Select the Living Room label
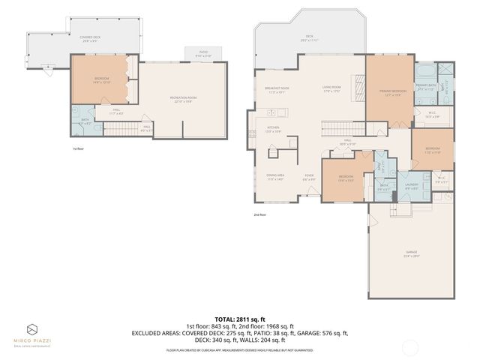(332, 88)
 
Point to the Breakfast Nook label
(277, 90)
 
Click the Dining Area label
(274, 177)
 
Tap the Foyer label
(308, 178)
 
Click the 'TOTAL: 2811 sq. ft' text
(239, 317)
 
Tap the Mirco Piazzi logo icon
(32, 330)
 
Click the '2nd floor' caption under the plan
(259, 214)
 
